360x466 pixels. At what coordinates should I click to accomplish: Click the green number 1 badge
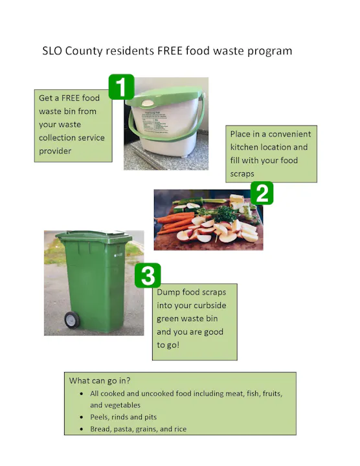pyautogui.click(x=121, y=87)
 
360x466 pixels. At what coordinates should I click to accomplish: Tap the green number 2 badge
pyautogui.click(x=262, y=194)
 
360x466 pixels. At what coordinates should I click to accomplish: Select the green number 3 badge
pyautogui.click(x=148, y=276)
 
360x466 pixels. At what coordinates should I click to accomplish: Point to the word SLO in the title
pyautogui.click(x=54, y=50)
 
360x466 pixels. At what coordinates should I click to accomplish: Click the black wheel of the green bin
pyautogui.click(x=71, y=320)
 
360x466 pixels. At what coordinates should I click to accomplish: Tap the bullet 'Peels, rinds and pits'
pyautogui.click(x=123, y=417)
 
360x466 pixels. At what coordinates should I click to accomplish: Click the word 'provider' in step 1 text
pyautogui.click(x=55, y=151)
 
